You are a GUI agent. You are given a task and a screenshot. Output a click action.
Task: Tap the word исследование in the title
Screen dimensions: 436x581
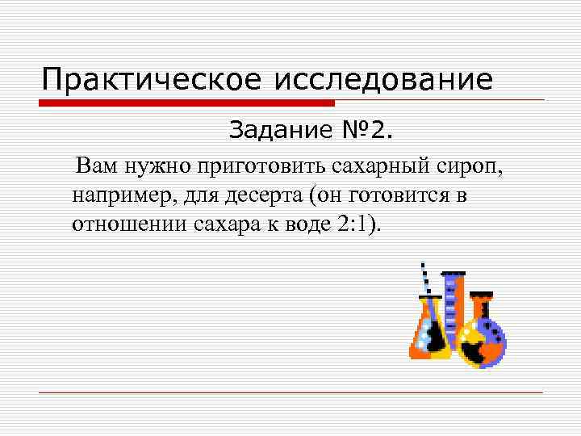click(385, 80)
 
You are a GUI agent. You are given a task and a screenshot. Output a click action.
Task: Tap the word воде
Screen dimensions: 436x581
click(303, 224)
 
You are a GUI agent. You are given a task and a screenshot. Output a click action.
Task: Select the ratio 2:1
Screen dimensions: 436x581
click(354, 224)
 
